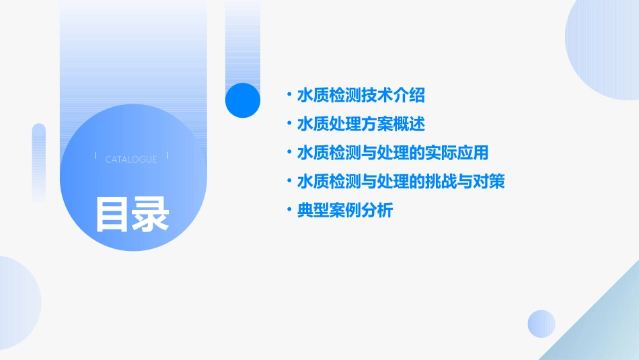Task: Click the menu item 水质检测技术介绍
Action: [x=361, y=96]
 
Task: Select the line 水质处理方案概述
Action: [x=361, y=124]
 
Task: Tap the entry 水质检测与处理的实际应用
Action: [x=393, y=153]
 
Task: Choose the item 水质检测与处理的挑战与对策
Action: [x=401, y=182]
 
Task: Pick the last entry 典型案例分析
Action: [x=345, y=211]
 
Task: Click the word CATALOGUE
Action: [x=131, y=159]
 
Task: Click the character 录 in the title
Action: [x=150, y=215]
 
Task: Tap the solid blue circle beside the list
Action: [x=242, y=100]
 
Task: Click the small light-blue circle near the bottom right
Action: [x=541, y=324]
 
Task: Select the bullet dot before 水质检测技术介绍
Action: [x=289, y=96]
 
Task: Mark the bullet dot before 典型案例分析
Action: [x=289, y=211]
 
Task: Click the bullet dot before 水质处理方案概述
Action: [x=289, y=124]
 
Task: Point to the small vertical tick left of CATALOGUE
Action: [x=96, y=156]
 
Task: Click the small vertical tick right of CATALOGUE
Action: [x=167, y=156]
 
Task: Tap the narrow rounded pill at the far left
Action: [x=39, y=161]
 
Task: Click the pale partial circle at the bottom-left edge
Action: [x=17, y=303]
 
